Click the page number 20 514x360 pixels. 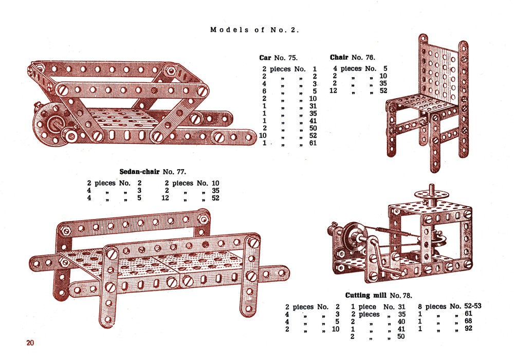30,343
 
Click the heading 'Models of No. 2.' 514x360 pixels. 254,30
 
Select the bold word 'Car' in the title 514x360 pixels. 265,58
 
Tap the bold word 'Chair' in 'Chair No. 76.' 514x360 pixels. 339,58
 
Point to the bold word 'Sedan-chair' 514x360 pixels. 139,171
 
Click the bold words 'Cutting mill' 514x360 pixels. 366,295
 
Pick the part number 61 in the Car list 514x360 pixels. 313,143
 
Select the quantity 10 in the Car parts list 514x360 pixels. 263,135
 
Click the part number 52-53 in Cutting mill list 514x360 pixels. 473,306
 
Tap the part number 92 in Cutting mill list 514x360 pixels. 468,328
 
